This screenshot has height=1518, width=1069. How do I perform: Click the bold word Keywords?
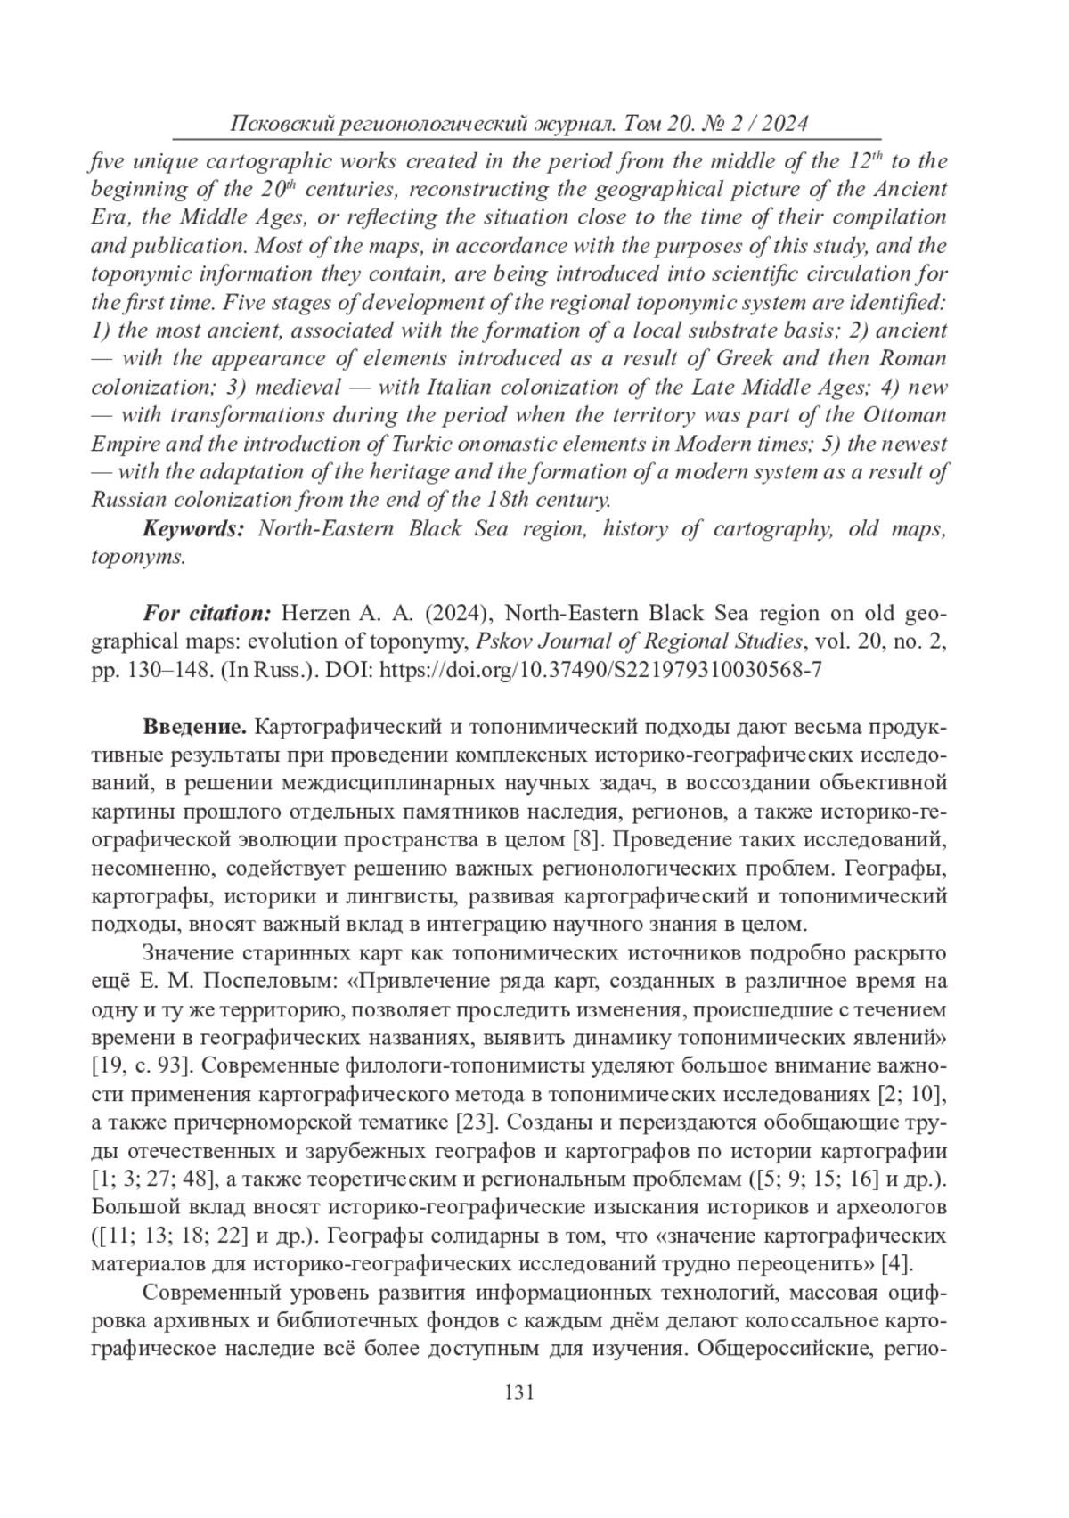click(x=193, y=528)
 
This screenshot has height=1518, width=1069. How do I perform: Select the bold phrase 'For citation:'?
click(x=207, y=614)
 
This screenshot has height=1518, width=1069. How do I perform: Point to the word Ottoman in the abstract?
click(x=904, y=415)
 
